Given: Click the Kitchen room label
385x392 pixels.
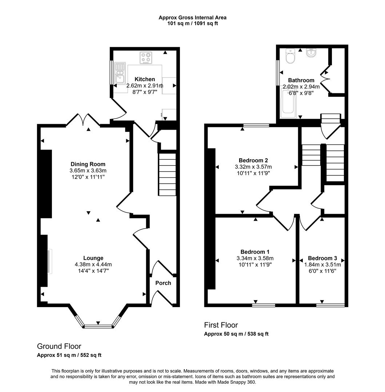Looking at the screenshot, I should [145, 79].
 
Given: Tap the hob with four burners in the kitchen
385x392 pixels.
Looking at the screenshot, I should [147, 58].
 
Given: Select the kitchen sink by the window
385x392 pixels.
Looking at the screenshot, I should [120, 74].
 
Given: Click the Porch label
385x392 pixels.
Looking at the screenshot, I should [163, 283].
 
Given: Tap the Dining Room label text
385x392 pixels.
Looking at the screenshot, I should [88, 164].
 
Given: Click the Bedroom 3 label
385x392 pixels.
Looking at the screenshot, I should [322, 258].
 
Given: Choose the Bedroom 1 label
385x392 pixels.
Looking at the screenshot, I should [255, 252].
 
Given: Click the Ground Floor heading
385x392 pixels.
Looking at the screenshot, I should [59, 346].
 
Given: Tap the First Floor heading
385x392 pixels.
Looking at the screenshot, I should [221, 325].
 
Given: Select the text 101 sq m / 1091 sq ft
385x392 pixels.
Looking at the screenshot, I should [192, 23].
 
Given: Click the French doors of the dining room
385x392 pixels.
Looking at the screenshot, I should [83, 120].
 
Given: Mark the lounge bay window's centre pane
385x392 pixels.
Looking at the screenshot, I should [98, 326].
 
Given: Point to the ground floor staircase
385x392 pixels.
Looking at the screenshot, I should [167, 174].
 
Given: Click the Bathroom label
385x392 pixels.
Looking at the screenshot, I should [301, 80].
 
